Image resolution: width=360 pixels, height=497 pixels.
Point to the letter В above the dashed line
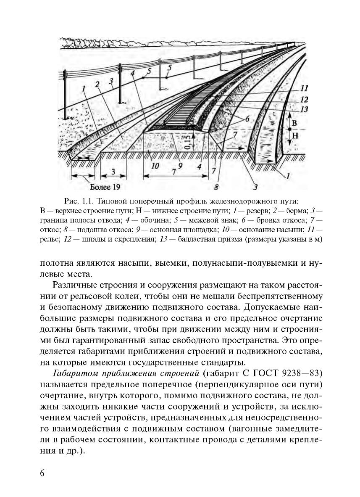(x=294, y=123)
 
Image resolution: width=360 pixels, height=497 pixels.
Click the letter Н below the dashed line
(x=294, y=136)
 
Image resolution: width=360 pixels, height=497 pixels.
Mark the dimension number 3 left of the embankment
(x=113, y=171)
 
